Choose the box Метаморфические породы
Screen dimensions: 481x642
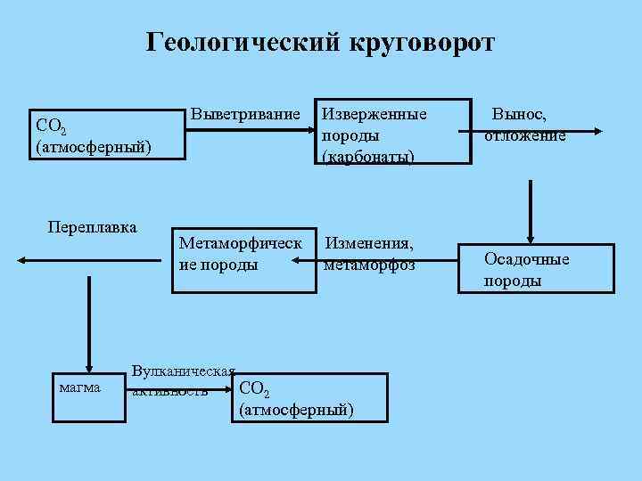click(x=243, y=254)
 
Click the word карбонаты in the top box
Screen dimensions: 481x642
click(x=368, y=157)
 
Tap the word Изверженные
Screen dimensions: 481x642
click(x=374, y=115)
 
